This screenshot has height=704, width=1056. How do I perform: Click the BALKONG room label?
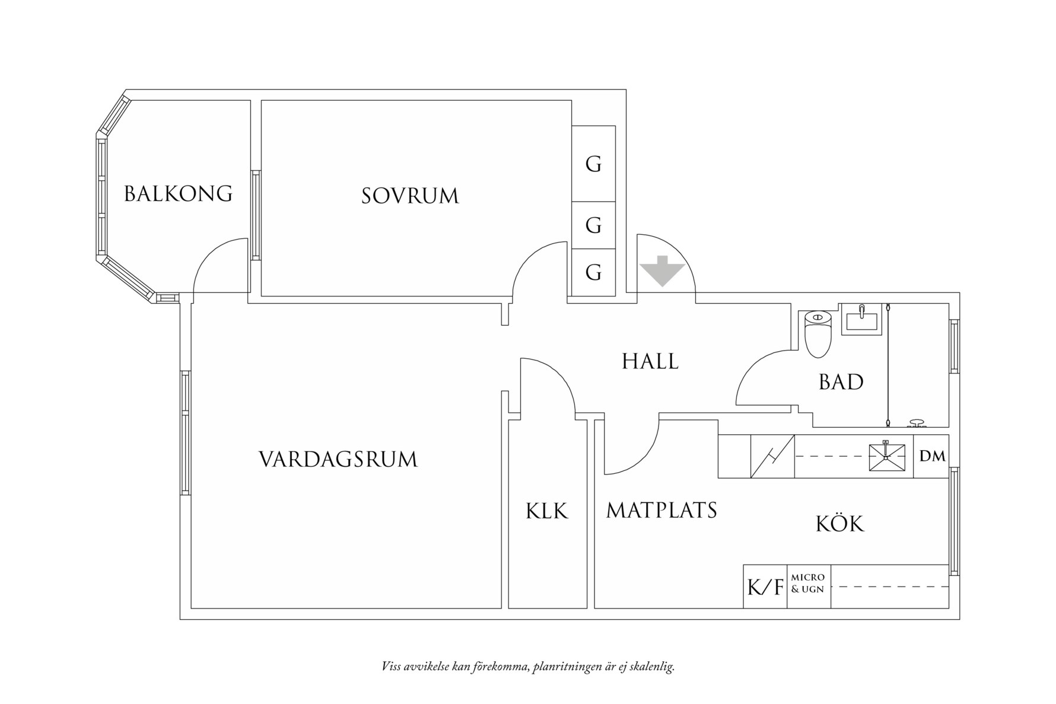pos(178,194)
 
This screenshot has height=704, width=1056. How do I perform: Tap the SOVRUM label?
pos(410,196)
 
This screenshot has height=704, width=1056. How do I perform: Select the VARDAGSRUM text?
pos(338,460)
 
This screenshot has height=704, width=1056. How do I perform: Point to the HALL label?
pos(650,361)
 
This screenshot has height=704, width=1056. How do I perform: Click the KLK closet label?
pos(546,511)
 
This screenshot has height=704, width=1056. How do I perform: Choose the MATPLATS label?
pos(661,510)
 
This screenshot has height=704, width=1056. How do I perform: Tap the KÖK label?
pos(840,524)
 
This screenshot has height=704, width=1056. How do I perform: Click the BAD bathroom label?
pos(841,382)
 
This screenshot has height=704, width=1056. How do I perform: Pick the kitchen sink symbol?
pos(887,457)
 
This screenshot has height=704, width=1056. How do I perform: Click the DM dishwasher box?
pos(932,456)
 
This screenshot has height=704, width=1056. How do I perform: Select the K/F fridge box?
pos(765,587)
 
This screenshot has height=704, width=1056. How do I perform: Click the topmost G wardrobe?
pos(593,164)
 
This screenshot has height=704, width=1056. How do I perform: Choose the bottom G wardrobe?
pos(593,272)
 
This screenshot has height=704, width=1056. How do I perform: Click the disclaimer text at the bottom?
pos(528,667)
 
